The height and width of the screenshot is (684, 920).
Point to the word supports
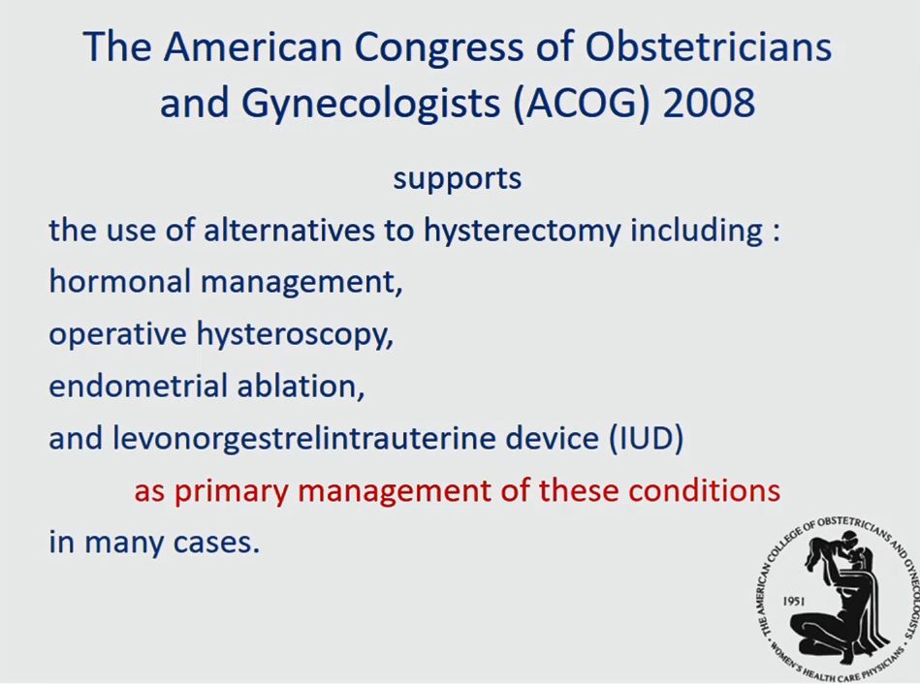[457, 179]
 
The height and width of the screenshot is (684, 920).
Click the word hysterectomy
[522, 231]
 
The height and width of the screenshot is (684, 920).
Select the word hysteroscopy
[295, 335]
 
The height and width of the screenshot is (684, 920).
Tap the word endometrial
[139, 386]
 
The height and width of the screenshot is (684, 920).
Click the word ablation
[301, 386]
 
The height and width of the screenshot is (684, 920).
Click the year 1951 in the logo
[794, 602]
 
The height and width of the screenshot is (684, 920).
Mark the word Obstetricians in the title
[709, 47]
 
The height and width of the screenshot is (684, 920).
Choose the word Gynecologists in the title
[371, 104]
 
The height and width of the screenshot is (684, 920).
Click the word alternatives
[289, 230]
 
